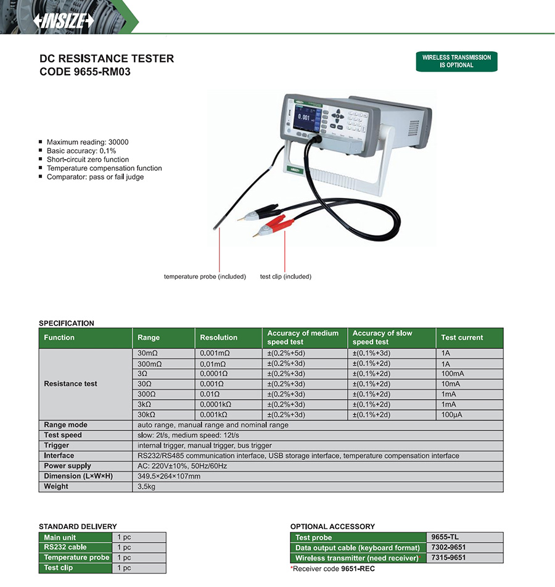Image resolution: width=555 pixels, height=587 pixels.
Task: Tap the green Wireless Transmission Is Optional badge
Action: click(456, 61)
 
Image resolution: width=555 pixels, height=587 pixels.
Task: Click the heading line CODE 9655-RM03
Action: click(85, 72)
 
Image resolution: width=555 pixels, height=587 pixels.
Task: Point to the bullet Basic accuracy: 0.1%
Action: click(81, 150)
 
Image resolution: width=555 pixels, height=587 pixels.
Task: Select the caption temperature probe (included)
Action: click(205, 277)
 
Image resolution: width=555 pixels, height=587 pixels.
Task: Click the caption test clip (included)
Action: click(286, 277)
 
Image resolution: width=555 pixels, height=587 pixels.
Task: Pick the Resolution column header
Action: click(218, 338)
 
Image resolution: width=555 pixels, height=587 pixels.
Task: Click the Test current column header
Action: click(462, 338)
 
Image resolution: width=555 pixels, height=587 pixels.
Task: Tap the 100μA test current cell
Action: click(451, 414)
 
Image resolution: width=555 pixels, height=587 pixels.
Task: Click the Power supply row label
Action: click(67, 466)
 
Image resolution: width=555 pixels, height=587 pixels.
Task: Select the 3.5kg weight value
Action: click(147, 486)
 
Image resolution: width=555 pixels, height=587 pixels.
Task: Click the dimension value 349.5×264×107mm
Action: click(168, 476)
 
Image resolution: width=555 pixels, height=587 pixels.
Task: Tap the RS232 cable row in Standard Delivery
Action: click(65, 547)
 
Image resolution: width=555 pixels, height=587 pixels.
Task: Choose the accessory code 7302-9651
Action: click(448, 548)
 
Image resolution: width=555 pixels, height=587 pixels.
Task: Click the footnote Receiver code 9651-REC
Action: click(332, 569)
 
